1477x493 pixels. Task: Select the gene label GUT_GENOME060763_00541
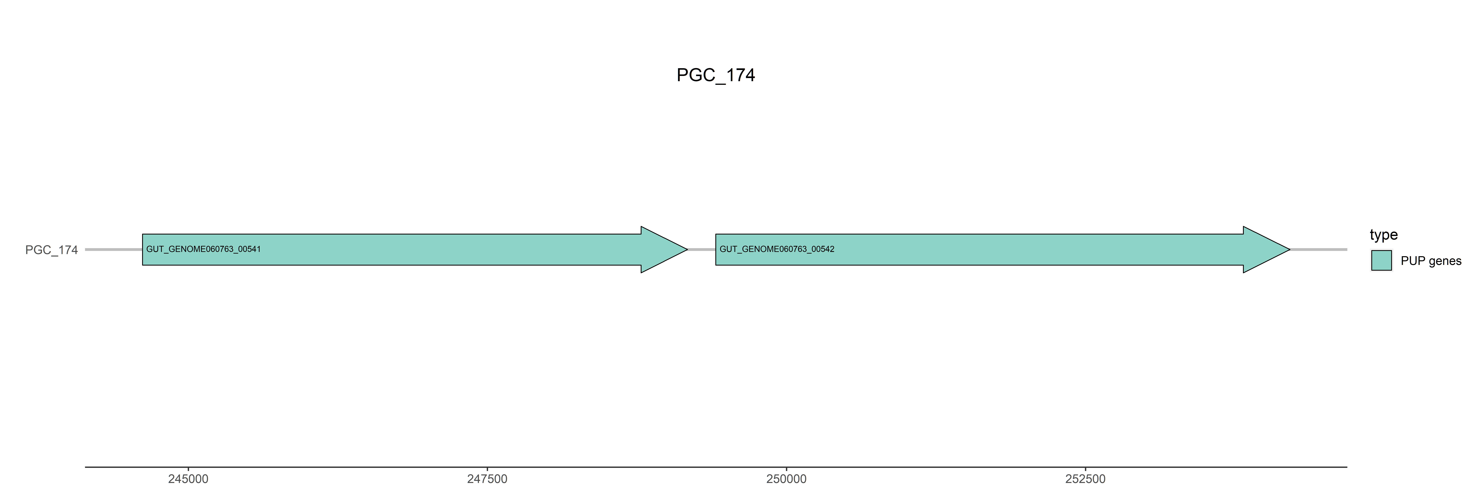pos(203,249)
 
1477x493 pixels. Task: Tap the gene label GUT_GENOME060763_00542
pos(777,249)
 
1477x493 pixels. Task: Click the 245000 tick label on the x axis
pos(188,479)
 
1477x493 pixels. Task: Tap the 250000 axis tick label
pos(786,479)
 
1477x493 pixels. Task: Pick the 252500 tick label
pos(1085,479)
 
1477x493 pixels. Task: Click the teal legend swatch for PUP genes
pos(1381,261)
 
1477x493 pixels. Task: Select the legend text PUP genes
pos(1431,261)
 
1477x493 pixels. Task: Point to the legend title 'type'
pos(1384,235)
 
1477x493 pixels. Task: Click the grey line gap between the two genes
pos(701,250)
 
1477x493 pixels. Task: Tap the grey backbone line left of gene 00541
pos(114,250)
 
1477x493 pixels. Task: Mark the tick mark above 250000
pos(786,470)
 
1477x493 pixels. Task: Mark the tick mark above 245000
pos(188,470)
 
